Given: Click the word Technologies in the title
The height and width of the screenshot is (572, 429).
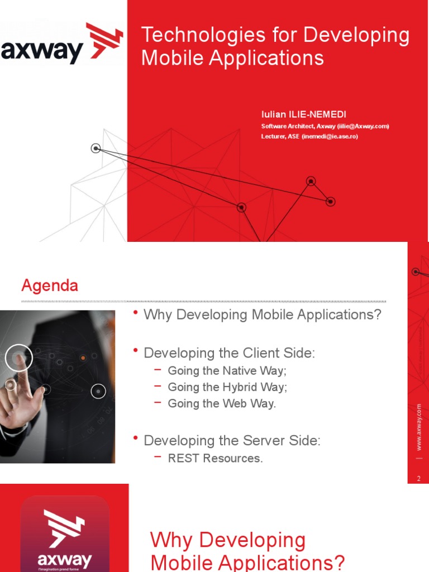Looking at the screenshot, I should pyautogui.click(x=196, y=35).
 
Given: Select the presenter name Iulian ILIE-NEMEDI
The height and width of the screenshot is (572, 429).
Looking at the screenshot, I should pyautogui.click(x=303, y=115).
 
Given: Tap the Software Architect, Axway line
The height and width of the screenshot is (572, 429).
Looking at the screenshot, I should pyautogui.click(x=325, y=126).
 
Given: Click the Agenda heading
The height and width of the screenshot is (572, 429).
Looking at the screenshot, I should pyautogui.click(x=50, y=286).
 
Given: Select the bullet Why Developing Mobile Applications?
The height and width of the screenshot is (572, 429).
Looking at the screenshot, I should pyautogui.click(x=262, y=314).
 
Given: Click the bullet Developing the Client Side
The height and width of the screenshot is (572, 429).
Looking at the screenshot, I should pyautogui.click(x=229, y=353).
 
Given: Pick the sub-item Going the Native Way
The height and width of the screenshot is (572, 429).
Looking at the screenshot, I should pyautogui.click(x=227, y=370).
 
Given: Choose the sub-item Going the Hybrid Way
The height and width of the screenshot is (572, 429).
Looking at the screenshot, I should pyautogui.click(x=227, y=387).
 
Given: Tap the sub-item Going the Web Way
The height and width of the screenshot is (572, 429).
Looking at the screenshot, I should pyautogui.click(x=222, y=403).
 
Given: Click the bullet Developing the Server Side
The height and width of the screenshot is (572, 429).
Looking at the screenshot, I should pyautogui.click(x=232, y=441).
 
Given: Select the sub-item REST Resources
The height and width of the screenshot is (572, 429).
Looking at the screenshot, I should pyautogui.click(x=215, y=459).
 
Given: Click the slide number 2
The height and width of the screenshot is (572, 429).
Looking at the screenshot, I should pyautogui.click(x=418, y=478).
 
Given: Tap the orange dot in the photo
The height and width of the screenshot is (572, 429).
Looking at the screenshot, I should pyautogui.click(x=83, y=357).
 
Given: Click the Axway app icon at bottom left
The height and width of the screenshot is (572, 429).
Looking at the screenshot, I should pyautogui.click(x=65, y=533).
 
